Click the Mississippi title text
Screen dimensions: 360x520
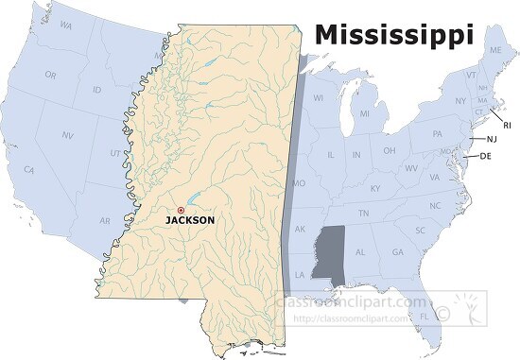click(x=394, y=35)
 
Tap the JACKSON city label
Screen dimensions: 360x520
click(x=190, y=220)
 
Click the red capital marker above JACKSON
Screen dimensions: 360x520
click(x=181, y=210)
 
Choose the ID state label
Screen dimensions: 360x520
click(x=97, y=90)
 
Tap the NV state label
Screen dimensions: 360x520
click(x=66, y=135)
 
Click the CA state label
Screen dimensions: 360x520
click(x=30, y=170)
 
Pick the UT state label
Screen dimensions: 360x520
click(x=114, y=152)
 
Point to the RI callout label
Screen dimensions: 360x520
click(x=506, y=124)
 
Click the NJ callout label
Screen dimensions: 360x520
click(x=492, y=139)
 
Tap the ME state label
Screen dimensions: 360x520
click(x=494, y=50)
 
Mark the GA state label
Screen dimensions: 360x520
click(x=397, y=252)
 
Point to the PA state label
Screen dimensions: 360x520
click(x=438, y=133)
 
